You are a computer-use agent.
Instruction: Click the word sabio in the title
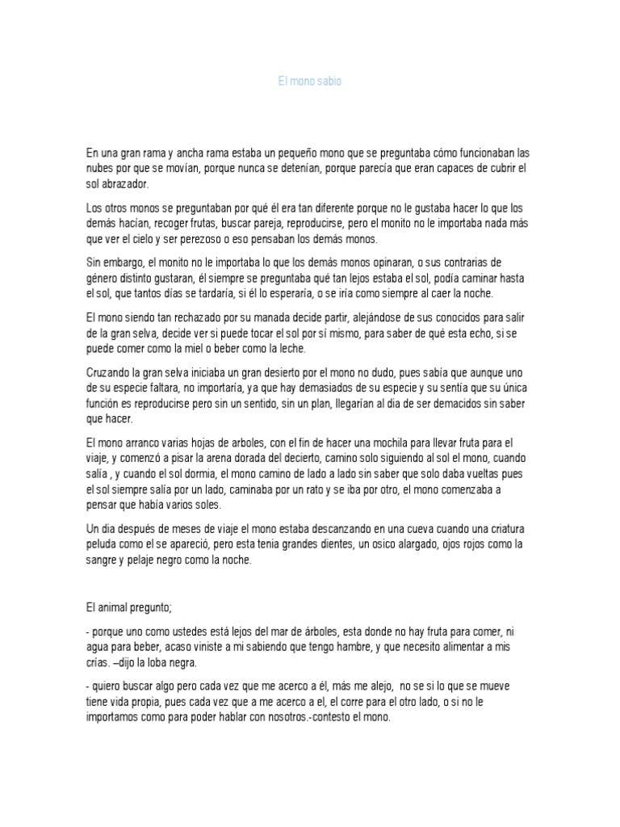329,82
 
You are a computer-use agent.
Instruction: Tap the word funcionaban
476,153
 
